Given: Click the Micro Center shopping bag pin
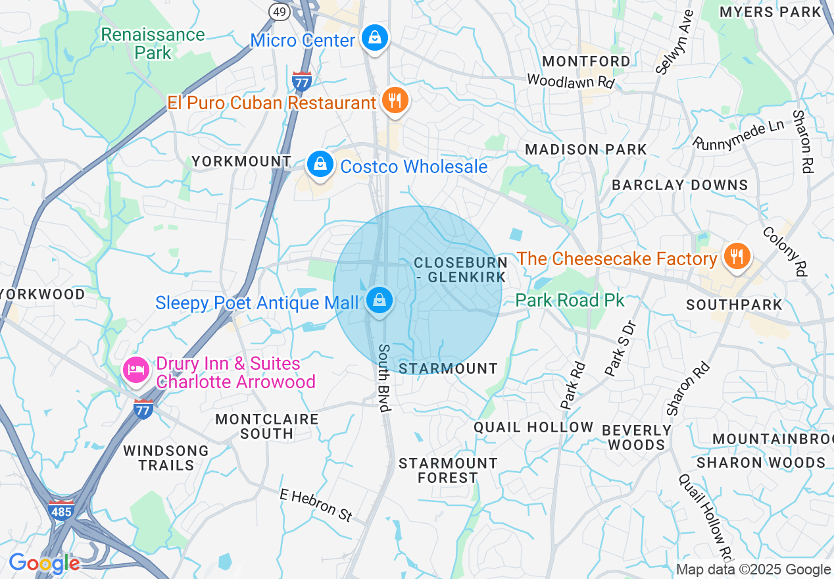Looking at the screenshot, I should pyautogui.click(x=374, y=38).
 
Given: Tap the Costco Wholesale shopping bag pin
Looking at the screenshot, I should pyautogui.click(x=320, y=164).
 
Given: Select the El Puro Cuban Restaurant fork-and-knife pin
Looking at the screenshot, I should pyautogui.click(x=394, y=101).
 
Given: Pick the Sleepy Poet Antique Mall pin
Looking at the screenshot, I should pyautogui.click(x=380, y=301).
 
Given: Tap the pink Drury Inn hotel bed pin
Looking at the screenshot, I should pyautogui.click(x=136, y=370).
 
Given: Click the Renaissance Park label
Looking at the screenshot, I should pyautogui.click(x=153, y=43).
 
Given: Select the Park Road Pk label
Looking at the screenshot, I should pyautogui.click(x=569, y=301).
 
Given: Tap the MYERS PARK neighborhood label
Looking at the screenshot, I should pyautogui.click(x=770, y=12).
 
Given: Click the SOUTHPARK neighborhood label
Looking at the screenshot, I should pyautogui.click(x=734, y=305).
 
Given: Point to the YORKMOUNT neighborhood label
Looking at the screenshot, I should pyautogui.click(x=241, y=161).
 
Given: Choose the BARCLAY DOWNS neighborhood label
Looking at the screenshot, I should pyautogui.click(x=680, y=185).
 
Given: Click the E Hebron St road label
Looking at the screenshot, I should pyautogui.click(x=316, y=505).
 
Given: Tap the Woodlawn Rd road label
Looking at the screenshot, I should pyautogui.click(x=571, y=82).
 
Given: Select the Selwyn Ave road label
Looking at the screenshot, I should pyautogui.click(x=675, y=41).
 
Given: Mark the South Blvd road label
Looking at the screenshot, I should pyautogui.click(x=384, y=378).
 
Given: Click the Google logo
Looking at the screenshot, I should pyautogui.click(x=44, y=563).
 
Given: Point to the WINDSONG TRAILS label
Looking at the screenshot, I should pyautogui.click(x=166, y=458).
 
